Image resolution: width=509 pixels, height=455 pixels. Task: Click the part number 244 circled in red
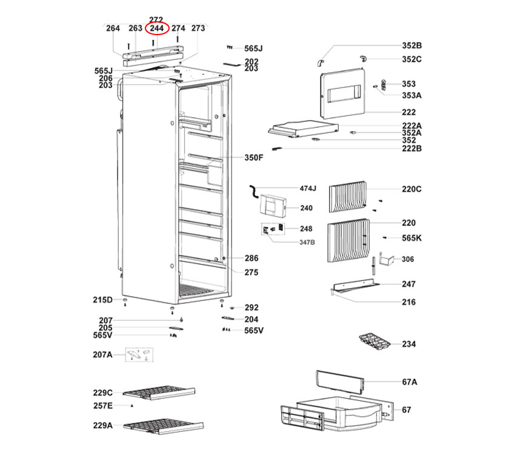(157, 29)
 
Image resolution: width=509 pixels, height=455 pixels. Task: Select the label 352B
(411, 45)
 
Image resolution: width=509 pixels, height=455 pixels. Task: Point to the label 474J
(308, 189)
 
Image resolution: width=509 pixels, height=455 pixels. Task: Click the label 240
(306, 208)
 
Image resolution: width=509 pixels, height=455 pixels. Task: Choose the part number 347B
(307, 242)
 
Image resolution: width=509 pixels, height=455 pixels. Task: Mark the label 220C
(411, 189)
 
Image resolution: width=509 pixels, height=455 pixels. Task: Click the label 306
(408, 259)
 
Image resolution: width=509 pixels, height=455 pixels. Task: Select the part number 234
(408, 344)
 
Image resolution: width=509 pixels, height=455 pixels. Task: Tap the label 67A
(410, 382)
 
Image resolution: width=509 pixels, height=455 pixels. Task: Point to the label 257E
(102, 405)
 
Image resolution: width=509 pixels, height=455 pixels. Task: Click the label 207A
(102, 354)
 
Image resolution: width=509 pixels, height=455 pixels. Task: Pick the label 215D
(102, 300)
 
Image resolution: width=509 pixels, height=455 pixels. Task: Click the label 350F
(254, 158)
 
